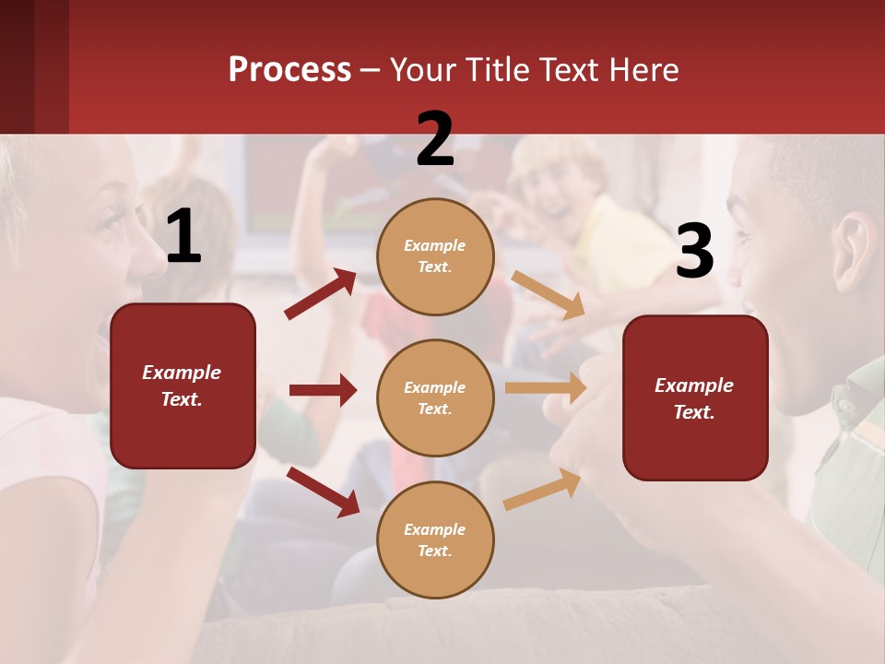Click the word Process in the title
[x=289, y=70]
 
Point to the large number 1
[x=183, y=238]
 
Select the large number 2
[x=435, y=139]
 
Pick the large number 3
[x=694, y=252]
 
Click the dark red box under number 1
[x=183, y=385]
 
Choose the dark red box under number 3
[x=695, y=398]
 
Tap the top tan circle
[x=435, y=256]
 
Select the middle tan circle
[x=435, y=398]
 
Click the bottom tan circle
[x=435, y=540]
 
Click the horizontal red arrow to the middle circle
[x=323, y=390]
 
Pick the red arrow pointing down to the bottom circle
[x=323, y=492]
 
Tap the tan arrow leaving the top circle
[x=548, y=294]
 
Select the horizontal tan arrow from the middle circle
[x=546, y=388]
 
